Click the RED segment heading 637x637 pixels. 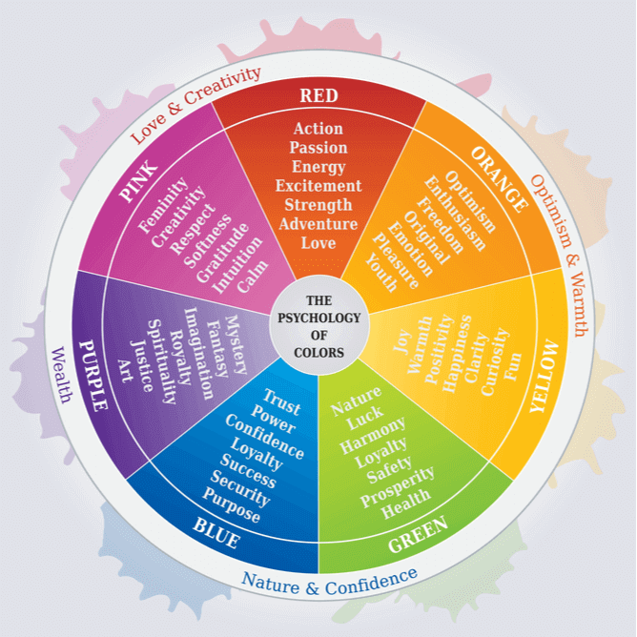(x=318, y=95)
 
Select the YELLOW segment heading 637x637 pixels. (x=545, y=376)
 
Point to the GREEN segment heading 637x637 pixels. (x=418, y=534)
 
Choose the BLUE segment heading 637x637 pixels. (x=216, y=533)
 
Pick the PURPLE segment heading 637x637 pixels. (x=93, y=376)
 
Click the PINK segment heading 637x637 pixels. (x=138, y=181)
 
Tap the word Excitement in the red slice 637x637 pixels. (x=318, y=186)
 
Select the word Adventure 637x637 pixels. (x=318, y=224)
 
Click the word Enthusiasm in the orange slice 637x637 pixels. (x=455, y=214)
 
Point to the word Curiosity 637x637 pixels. (x=495, y=361)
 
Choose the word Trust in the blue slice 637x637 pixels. (x=282, y=402)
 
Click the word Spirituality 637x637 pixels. (x=162, y=361)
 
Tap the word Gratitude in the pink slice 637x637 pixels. (x=222, y=253)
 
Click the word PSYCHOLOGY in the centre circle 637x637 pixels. (x=318, y=318)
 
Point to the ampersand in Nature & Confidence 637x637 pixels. (x=312, y=587)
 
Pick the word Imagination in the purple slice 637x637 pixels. (x=198, y=354)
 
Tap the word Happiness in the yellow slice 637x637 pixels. (x=457, y=354)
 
